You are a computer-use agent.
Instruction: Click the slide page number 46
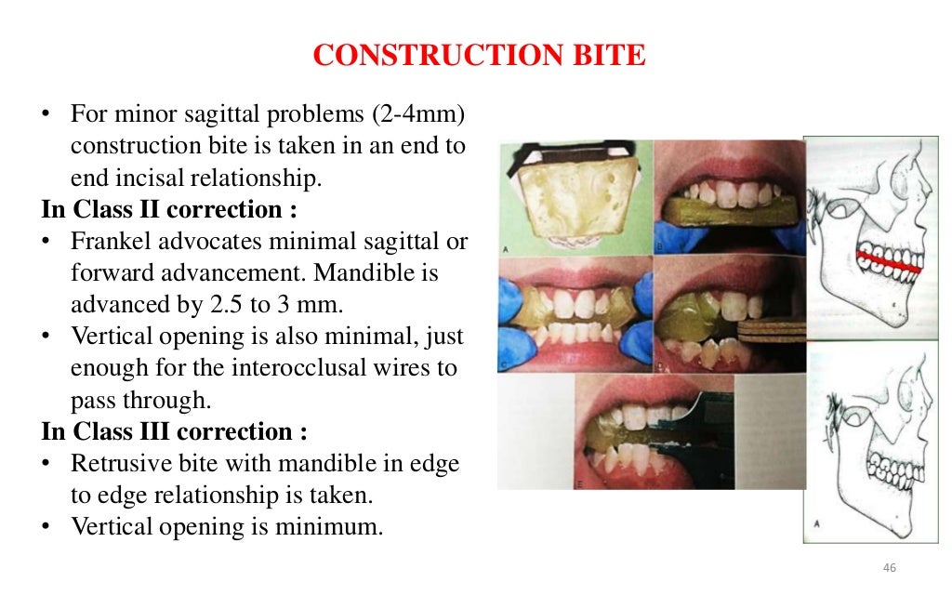[x=889, y=568]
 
